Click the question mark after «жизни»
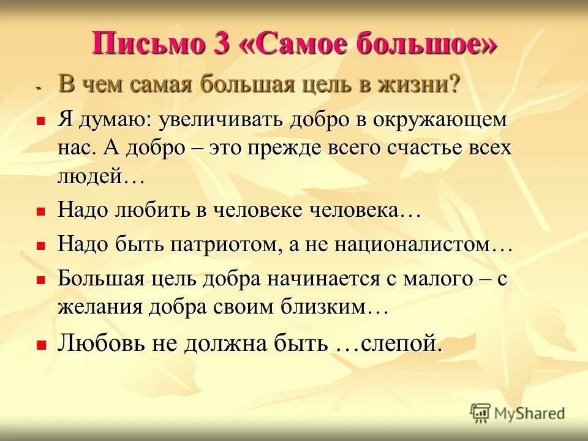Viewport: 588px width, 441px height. coord(454,85)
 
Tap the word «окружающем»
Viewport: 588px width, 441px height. coord(440,120)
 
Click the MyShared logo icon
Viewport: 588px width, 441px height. coord(481,413)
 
